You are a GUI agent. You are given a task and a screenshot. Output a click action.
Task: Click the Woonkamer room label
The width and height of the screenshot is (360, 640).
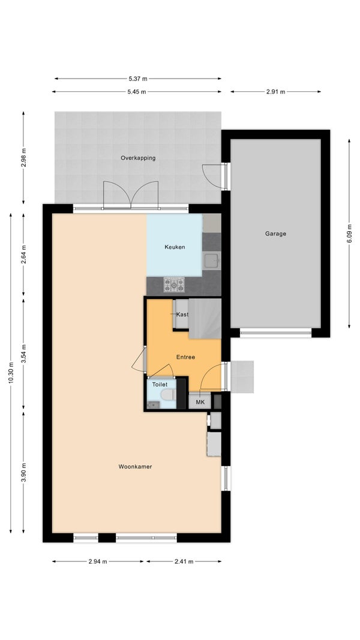tap(136, 466)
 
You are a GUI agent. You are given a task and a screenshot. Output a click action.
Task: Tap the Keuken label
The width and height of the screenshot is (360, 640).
tap(175, 247)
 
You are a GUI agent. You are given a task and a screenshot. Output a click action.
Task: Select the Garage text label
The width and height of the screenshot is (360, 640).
tap(275, 234)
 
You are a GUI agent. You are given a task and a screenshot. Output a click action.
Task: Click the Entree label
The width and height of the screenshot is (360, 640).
tap(185, 357)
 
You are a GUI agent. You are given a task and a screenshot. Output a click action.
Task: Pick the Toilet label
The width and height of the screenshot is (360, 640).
tap(160, 384)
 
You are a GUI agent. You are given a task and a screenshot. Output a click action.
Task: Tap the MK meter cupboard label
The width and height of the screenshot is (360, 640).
tap(200, 402)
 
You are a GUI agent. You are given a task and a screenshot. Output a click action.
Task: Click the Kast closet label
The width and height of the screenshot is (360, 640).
tap(182, 314)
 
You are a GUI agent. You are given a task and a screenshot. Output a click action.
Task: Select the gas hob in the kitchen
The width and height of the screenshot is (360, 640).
tap(174, 285)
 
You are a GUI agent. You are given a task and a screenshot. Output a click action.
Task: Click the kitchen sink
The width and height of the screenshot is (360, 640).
tap(211, 261)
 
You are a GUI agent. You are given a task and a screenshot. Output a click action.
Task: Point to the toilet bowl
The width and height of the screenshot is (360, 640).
tap(167, 394)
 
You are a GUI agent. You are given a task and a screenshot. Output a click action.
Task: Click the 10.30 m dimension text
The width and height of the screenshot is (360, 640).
tap(11, 373)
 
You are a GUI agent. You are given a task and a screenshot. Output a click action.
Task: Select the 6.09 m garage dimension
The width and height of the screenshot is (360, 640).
tap(349, 234)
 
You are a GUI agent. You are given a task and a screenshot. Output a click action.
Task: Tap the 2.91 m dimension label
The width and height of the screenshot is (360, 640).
tap(275, 92)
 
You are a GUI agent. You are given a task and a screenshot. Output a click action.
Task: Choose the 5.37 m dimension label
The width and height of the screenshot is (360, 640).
tap(138, 79)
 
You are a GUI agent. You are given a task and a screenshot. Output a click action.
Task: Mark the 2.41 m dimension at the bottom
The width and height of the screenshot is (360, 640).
tap(184, 561)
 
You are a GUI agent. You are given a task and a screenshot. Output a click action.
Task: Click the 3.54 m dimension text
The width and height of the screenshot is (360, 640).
tap(23, 354)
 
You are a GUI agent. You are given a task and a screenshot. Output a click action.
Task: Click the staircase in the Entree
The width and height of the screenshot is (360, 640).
tap(205, 319)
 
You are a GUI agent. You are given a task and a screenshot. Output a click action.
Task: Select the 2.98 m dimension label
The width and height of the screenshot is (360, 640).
tap(23, 157)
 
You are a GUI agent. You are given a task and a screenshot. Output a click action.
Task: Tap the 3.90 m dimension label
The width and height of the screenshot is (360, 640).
tap(23, 472)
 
